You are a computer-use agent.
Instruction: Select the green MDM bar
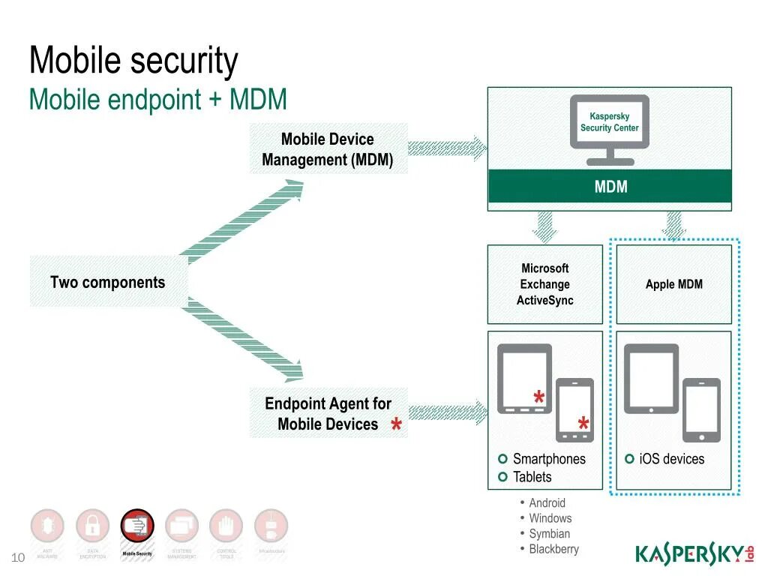point(610,187)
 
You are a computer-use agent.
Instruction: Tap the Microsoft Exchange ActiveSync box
point(545,284)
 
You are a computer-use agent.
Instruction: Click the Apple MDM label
point(673,284)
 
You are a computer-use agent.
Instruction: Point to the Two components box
point(108,282)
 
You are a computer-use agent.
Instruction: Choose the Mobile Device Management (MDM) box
point(328,149)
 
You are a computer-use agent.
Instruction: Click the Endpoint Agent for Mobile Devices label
point(328,413)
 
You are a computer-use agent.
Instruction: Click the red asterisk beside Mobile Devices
point(396,427)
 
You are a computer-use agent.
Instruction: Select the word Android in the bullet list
point(547,502)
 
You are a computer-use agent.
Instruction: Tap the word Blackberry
point(553,549)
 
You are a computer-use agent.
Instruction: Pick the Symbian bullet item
point(549,533)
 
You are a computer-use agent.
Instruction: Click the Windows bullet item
point(550,518)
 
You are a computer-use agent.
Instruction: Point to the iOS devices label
point(671,459)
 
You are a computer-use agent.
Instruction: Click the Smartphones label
point(549,459)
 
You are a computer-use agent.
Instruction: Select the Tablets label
point(532,477)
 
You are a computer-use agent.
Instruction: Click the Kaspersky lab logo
point(694,553)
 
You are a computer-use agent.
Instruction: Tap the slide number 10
point(18,556)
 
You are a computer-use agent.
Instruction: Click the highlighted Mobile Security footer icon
point(137,526)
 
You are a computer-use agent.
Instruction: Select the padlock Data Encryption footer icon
point(92,526)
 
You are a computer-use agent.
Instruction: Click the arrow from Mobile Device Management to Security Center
point(447,148)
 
